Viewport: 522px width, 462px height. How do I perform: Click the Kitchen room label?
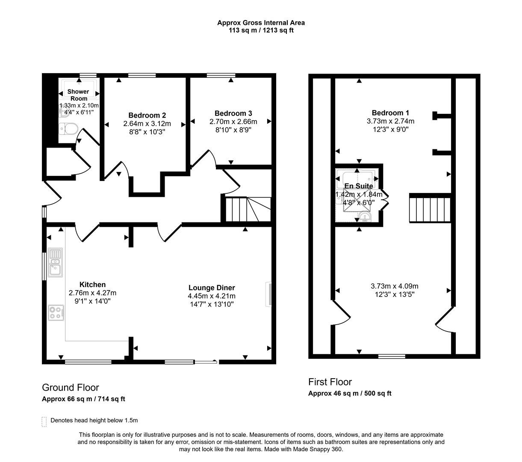tap(92, 284)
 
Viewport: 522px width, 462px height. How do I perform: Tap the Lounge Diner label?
tap(212, 288)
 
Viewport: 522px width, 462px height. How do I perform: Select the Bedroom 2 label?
tap(147, 115)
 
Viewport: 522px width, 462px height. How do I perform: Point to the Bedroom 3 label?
tap(233, 113)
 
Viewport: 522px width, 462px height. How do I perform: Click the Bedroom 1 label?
tap(390, 113)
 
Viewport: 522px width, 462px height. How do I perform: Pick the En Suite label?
tap(359, 186)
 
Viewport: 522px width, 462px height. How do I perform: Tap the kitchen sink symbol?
tap(55, 262)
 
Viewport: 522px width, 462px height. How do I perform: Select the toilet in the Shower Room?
tap(68, 128)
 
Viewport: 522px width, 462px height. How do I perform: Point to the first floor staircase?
tap(430, 208)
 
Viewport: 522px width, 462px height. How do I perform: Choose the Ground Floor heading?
tap(70, 388)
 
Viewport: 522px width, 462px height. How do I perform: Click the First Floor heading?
tap(330, 382)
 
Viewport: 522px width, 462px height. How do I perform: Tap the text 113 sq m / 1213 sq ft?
tap(261, 30)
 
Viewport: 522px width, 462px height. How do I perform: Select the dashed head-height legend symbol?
tap(44, 421)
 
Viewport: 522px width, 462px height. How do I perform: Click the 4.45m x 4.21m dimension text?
tap(212, 296)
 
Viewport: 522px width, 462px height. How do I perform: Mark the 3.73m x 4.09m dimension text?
tap(394, 286)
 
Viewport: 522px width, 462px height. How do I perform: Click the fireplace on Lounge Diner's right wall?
tap(268, 294)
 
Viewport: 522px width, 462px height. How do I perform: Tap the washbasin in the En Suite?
tap(366, 218)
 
